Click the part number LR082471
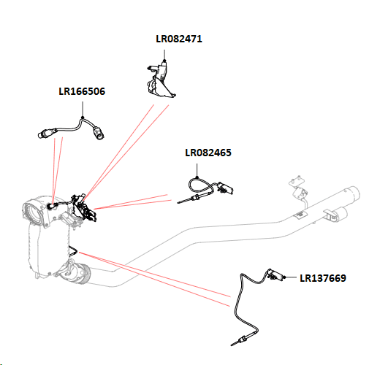[179, 39]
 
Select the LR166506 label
[82, 91]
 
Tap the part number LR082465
[208, 153]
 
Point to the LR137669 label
[323, 278]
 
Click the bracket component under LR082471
[161, 80]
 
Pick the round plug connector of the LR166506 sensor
[99, 133]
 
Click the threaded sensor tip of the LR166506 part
[45, 134]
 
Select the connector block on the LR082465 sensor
[224, 188]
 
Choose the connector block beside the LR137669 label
[275, 274]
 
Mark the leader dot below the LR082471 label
[164, 61]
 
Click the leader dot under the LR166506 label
[83, 118]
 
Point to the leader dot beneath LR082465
[197, 177]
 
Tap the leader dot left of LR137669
[284, 277]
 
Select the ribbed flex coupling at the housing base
[83, 274]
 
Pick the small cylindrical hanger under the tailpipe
[341, 214]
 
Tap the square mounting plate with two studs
[296, 182]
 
